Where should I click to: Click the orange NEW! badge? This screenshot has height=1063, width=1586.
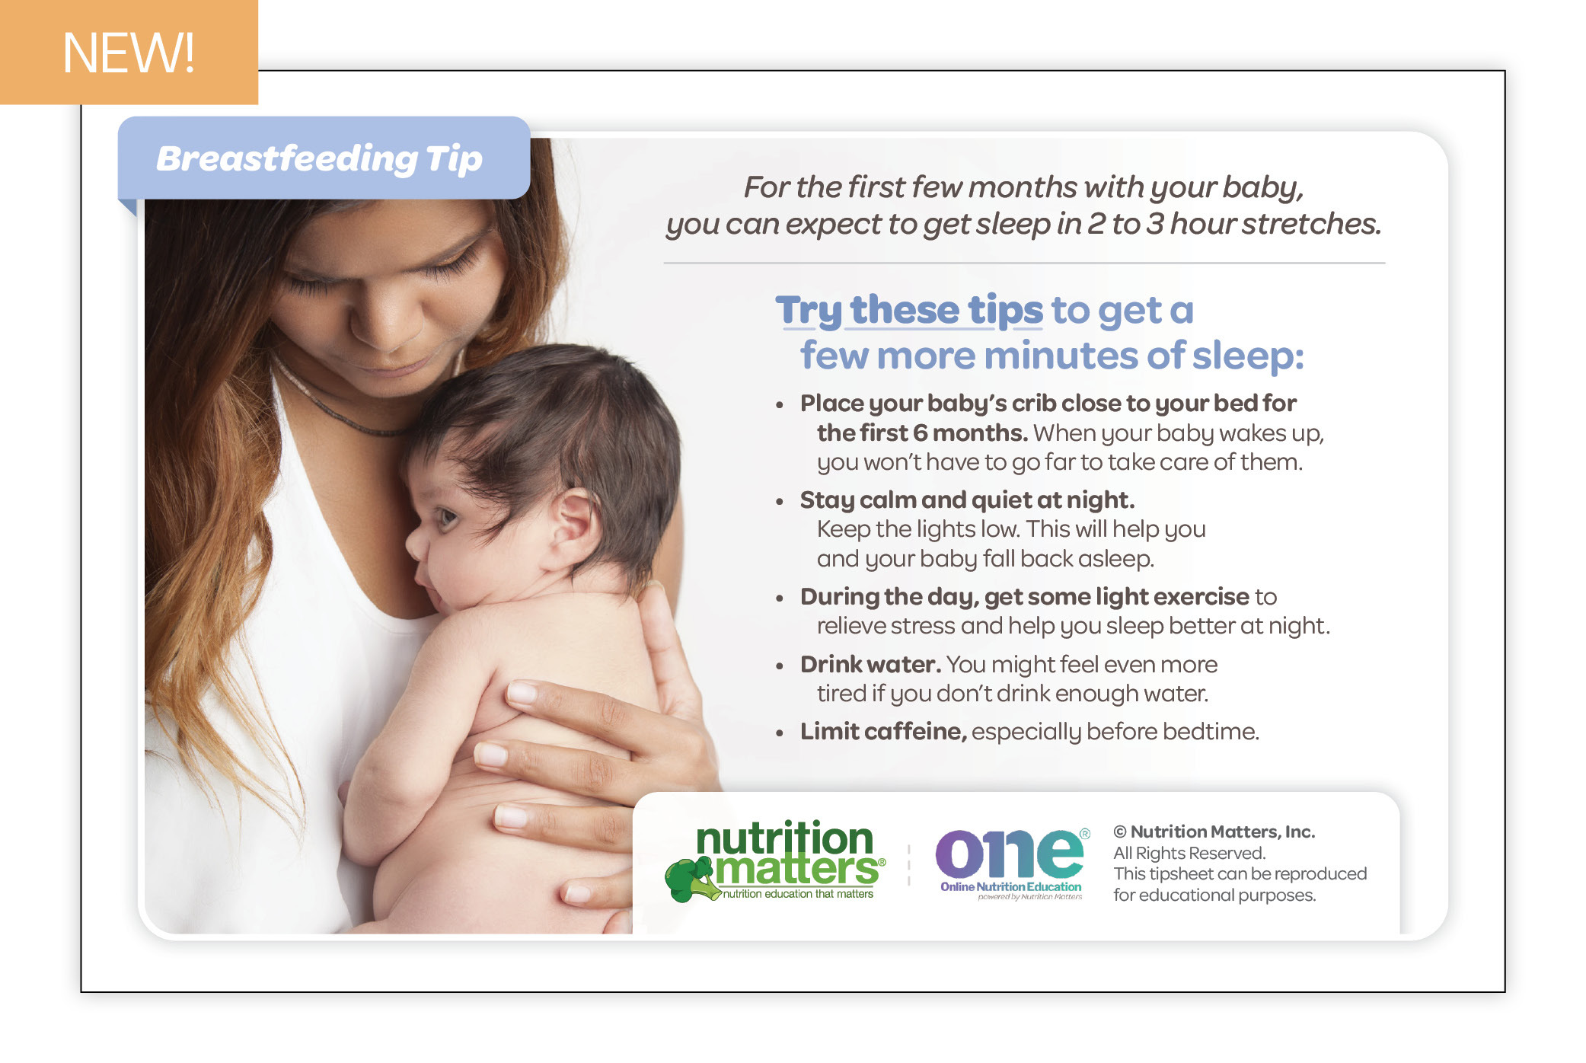[129, 52]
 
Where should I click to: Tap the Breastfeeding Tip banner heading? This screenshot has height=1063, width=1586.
[320, 159]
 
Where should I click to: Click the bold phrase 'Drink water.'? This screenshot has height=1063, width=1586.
[870, 665]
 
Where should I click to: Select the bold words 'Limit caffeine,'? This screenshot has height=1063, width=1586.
[883, 732]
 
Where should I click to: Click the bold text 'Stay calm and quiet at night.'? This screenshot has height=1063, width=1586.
[967, 500]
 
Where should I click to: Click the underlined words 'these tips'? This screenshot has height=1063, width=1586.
[946, 310]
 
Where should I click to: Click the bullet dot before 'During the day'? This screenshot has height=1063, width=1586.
[779, 599]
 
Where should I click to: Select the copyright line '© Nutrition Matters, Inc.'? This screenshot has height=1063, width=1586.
[1214, 832]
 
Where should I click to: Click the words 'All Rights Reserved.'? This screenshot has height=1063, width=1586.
[1189, 853]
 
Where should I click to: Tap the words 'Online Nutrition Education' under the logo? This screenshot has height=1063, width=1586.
[1010, 886]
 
